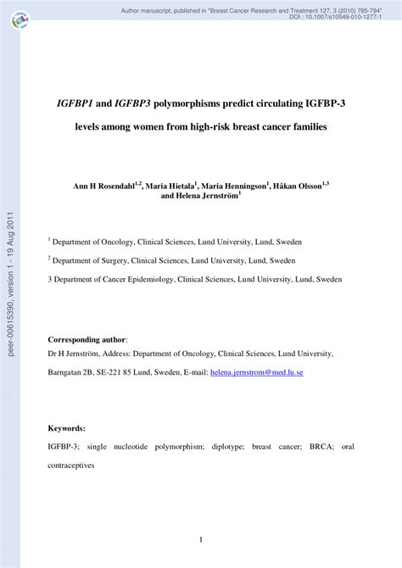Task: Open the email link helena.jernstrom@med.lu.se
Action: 257,371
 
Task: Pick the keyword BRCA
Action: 321,446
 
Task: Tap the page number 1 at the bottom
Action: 200,539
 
